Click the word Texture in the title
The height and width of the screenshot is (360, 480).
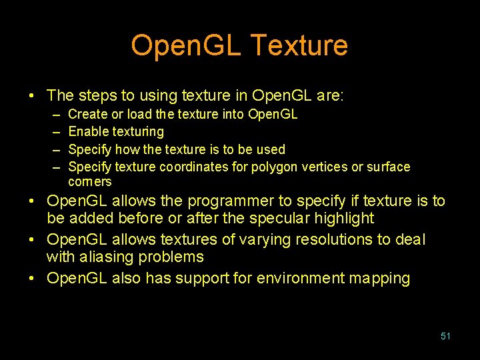[299, 46]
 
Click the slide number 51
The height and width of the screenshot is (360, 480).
[445, 336]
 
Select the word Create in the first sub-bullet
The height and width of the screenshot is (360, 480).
[87, 115]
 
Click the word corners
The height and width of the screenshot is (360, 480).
[90, 182]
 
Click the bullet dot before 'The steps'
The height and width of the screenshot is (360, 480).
[33, 96]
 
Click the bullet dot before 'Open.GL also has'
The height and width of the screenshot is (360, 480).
[33, 278]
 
